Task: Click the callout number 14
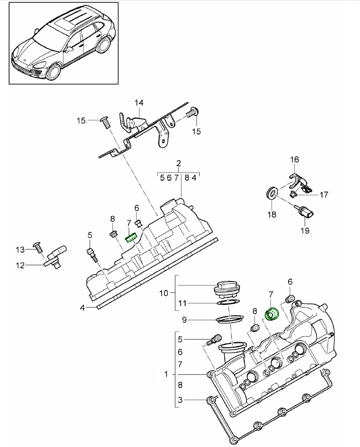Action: (139, 103)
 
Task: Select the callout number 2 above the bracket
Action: (178, 163)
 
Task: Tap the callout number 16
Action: (294, 159)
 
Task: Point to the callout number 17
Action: (324, 194)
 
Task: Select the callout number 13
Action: (20, 250)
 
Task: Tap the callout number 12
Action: (20, 265)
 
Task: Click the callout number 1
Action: (166, 374)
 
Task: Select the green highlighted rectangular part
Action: (131, 237)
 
